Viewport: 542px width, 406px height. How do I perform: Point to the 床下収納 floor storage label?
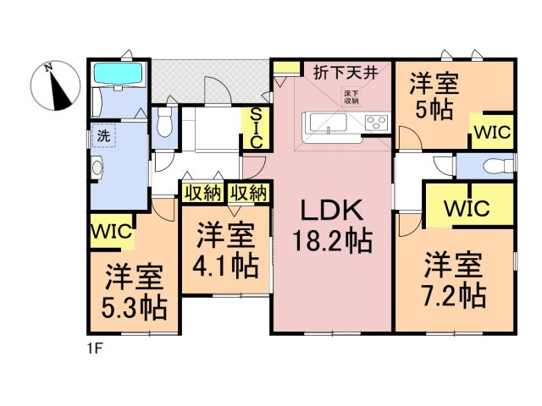[351, 96]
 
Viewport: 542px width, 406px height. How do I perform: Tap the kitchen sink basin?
[324, 123]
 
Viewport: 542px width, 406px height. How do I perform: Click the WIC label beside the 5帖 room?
[491, 133]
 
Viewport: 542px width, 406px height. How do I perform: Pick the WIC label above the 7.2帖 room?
[465, 207]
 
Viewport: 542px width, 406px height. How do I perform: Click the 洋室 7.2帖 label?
[454, 278]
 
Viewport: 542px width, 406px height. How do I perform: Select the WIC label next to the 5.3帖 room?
[111, 230]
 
